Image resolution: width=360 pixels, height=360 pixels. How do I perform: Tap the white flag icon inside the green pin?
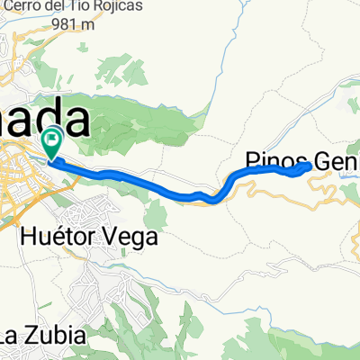(51, 140)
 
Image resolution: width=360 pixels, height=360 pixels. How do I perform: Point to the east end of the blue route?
(309, 166)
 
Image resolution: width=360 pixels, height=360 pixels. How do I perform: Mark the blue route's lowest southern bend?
(211, 200)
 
